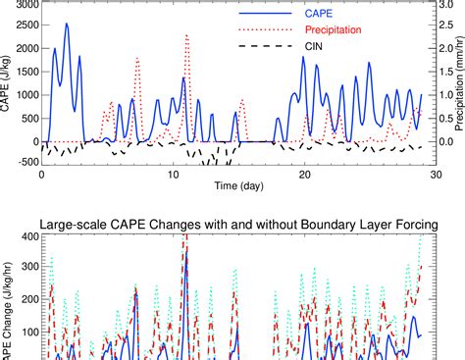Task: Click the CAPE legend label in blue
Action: (x=342, y=14)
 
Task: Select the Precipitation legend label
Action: (x=357, y=29)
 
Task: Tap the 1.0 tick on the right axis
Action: (x=447, y=96)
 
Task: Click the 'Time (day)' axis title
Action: (x=238, y=187)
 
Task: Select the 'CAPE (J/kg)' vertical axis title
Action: (x=7, y=83)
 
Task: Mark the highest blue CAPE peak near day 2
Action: (x=67, y=25)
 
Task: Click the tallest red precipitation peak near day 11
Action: (x=186, y=35)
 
